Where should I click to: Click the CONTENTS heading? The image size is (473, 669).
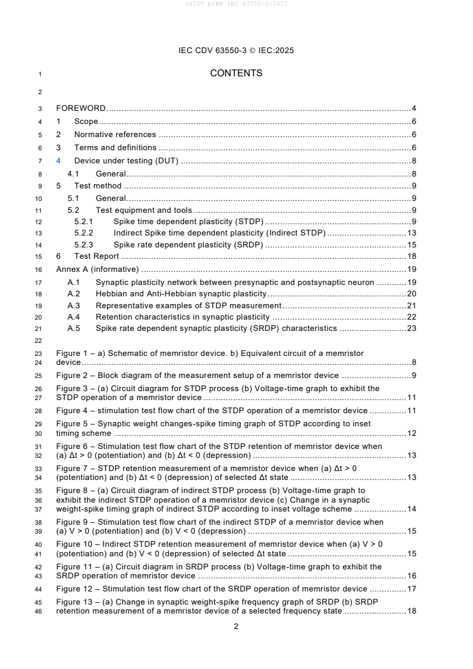[236, 73]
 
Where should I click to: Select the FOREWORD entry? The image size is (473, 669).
[81, 109]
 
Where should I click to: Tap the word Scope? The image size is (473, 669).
[86, 121]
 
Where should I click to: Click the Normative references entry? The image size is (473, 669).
[115, 134]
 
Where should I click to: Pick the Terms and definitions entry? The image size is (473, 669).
[115, 147]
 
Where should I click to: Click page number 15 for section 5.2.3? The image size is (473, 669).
[411, 244]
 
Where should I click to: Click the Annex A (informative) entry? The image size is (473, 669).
[97, 269]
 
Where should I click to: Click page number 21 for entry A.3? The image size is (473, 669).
[411, 305]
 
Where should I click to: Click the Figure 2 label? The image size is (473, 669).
[73, 376]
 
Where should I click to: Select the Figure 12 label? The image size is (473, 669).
[76, 589]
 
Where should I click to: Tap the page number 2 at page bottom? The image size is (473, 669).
[236, 626]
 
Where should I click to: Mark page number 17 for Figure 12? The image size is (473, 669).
[411, 589]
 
